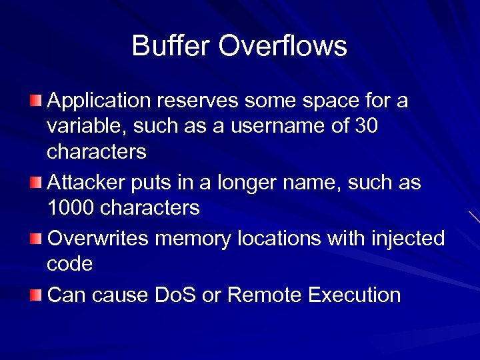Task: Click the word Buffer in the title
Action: [x=171, y=46]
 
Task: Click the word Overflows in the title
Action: [x=283, y=46]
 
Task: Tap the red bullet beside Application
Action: [x=35, y=101]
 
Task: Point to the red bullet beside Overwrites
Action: [x=35, y=239]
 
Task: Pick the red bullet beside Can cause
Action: [x=35, y=295]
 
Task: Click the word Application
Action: [x=99, y=101]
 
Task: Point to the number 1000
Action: [x=72, y=207]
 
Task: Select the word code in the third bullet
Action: [x=69, y=264]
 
